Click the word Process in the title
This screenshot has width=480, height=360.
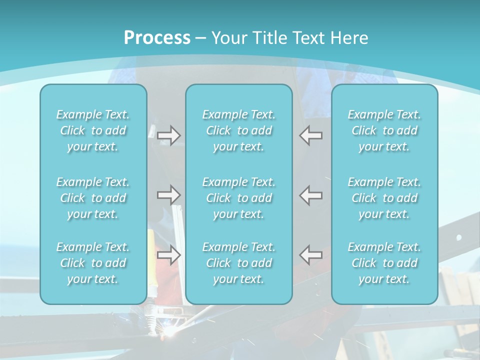click(x=157, y=38)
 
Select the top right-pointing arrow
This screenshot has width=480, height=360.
click(x=169, y=135)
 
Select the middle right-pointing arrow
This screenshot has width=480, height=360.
click(x=169, y=194)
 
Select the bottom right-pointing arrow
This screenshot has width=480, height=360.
click(x=169, y=255)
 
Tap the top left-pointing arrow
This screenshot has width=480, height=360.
click(x=311, y=135)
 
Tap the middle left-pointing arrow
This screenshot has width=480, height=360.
click(x=311, y=194)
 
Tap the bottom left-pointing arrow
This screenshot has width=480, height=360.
click(x=311, y=255)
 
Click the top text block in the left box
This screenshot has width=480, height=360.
click(x=93, y=130)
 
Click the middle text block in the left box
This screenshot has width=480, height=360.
click(x=93, y=198)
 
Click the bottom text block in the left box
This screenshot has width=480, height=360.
click(x=93, y=263)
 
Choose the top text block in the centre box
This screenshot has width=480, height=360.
click(x=239, y=130)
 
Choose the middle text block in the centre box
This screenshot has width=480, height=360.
click(x=239, y=198)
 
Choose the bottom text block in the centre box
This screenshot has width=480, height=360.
click(x=239, y=263)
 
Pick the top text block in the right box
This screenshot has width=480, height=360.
click(x=384, y=130)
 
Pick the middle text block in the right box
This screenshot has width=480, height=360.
click(x=384, y=198)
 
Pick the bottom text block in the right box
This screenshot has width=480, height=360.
click(x=384, y=263)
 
